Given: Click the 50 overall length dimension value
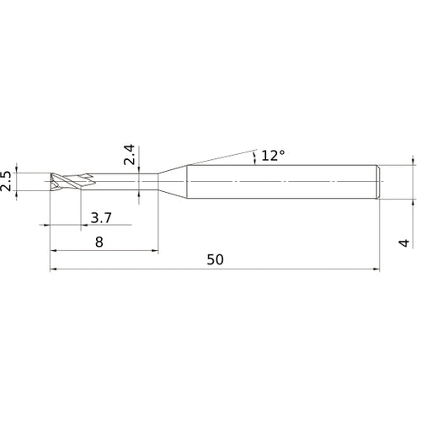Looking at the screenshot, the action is pyautogui.click(x=216, y=259).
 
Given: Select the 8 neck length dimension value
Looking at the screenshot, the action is pyautogui.click(x=99, y=242).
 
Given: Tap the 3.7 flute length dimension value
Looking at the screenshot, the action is pyautogui.click(x=101, y=218).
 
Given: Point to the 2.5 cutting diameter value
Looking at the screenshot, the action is pyautogui.click(x=6, y=181).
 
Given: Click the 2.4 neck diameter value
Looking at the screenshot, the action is pyautogui.click(x=130, y=155).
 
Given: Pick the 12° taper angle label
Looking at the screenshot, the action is pyautogui.click(x=273, y=156).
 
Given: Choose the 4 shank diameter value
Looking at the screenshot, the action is pyautogui.click(x=404, y=242).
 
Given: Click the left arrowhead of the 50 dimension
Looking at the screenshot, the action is pyautogui.click(x=53, y=269).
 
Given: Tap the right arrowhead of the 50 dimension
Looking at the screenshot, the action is pyautogui.click(x=376, y=269).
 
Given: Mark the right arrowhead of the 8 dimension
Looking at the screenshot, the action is pyautogui.click(x=155, y=251).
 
